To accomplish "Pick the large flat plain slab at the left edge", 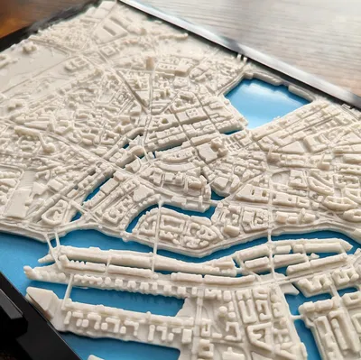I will coord(16,204).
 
